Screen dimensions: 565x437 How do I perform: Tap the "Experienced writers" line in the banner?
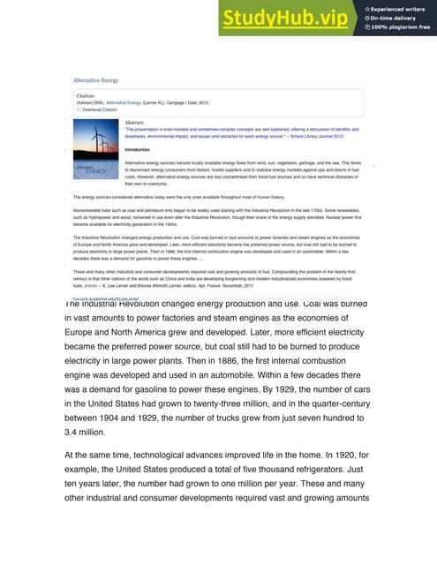tap(398, 7)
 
